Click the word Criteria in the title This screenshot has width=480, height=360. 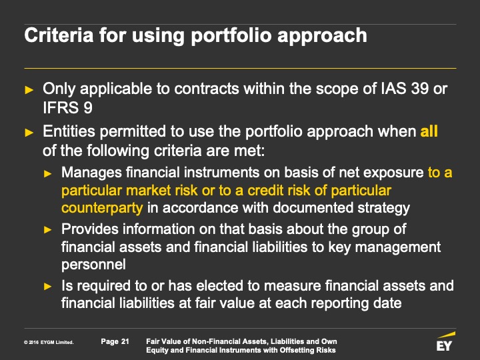click(59, 35)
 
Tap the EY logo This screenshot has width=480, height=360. click(445, 341)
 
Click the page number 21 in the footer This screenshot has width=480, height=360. click(125, 341)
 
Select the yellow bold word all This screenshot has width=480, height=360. click(429, 131)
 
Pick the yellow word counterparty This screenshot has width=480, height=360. click(102, 208)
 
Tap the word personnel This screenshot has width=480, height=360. click(93, 265)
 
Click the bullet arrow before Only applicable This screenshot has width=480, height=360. click(29, 90)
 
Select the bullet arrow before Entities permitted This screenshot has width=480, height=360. click(29, 133)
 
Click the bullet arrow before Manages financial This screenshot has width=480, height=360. click(48, 174)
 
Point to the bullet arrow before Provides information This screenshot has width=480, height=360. click(48, 230)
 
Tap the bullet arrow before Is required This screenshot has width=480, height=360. click(48, 287)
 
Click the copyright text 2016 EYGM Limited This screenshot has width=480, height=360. click(49, 342)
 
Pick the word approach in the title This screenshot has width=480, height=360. click(322, 36)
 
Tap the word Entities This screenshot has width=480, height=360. click(69, 131)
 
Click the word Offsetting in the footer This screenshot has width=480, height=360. click(295, 350)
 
